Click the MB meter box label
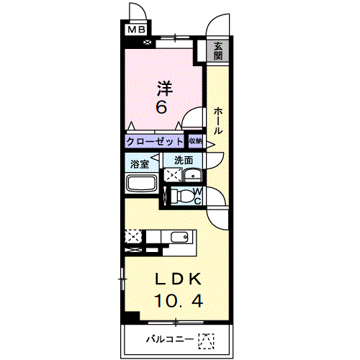coord(137,30)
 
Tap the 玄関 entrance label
coord(218,51)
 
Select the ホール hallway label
coord(218,121)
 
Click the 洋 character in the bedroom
coord(165,88)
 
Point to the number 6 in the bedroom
coord(161,107)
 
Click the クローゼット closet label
coord(154,142)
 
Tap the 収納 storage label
coord(196,141)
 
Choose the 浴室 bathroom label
coord(140,164)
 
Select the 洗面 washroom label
coord(184,161)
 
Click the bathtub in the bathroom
coord(142,184)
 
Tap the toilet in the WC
coord(182,196)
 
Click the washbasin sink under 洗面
coord(192,175)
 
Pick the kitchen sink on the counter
coord(179,238)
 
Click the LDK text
coord(178,279)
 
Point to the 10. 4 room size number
coord(179,300)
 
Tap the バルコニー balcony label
coord(170,339)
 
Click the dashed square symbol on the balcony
coord(207,341)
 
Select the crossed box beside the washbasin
coord(173,175)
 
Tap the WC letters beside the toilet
coord(197,196)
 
